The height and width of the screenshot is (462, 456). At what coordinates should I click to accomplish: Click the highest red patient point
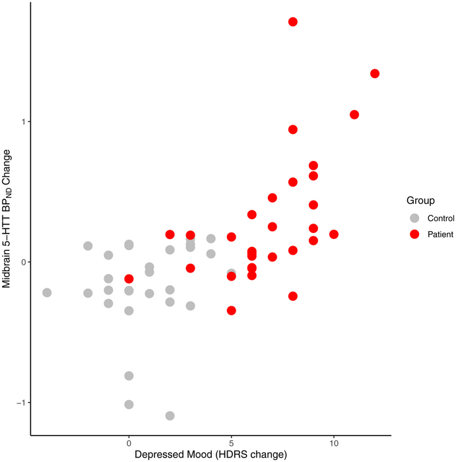click(x=293, y=22)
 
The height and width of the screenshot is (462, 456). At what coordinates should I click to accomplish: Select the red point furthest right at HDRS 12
click(x=375, y=73)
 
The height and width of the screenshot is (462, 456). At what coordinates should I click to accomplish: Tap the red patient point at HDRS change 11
click(x=354, y=115)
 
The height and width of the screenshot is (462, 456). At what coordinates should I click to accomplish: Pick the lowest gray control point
click(x=170, y=416)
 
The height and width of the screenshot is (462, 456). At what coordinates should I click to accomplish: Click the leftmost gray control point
click(x=47, y=292)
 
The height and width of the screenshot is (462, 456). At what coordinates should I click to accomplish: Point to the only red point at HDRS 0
click(x=129, y=279)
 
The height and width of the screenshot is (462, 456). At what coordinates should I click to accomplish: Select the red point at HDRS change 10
click(x=334, y=234)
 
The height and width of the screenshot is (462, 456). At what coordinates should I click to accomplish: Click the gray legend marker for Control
click(x=414, y=218)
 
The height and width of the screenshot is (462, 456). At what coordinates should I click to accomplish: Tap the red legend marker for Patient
click(x=414, y=234)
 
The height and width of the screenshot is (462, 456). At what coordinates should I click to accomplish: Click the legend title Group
click(x=420, y=200)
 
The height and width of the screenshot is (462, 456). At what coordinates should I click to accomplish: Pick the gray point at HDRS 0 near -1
click(x=129, y=405)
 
